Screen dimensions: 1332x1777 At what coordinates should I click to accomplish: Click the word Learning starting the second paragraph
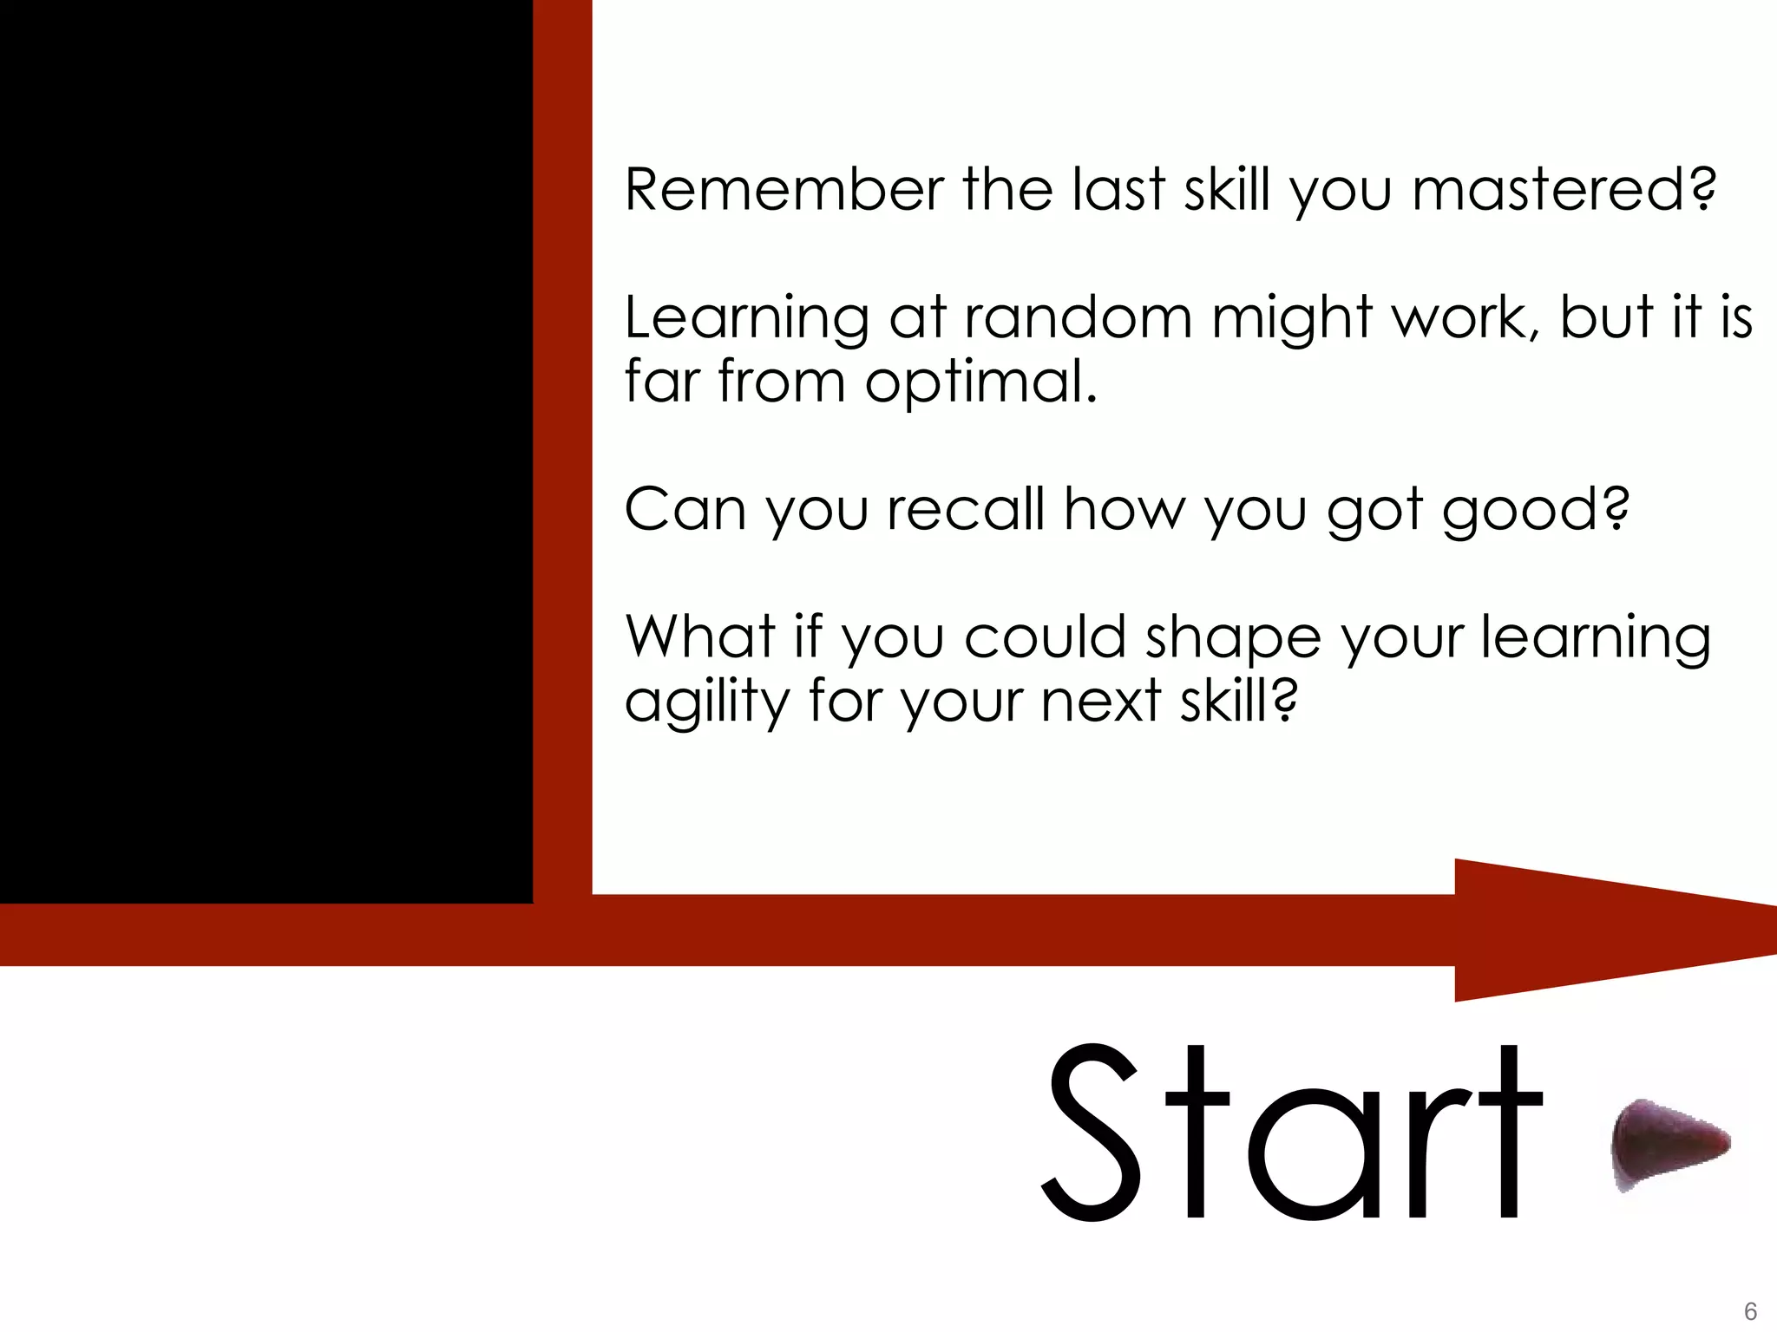tap(746, 319)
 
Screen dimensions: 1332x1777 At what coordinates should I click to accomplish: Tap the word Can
tap(685, 509)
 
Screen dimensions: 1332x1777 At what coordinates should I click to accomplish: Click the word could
tap(1045, 637)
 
